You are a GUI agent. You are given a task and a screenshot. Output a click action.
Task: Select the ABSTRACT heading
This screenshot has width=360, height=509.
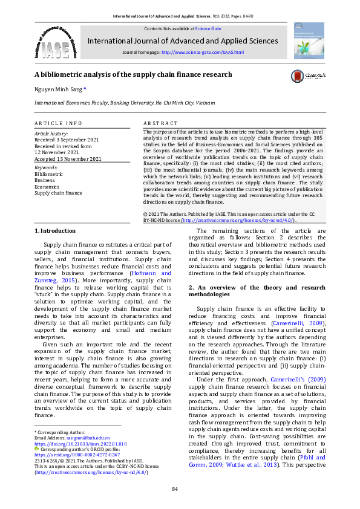coord(160,123)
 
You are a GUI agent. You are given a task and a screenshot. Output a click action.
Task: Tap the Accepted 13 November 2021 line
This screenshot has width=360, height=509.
coord(68,158)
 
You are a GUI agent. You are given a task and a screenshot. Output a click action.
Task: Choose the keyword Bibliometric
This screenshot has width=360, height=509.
coord(48,173)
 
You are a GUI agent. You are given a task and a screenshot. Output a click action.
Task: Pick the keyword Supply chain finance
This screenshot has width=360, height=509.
coord(58,193)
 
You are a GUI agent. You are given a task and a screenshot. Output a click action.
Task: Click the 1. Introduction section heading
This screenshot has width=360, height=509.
coord(55,230)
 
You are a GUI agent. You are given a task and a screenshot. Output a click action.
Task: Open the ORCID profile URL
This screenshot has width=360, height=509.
coord(68,454)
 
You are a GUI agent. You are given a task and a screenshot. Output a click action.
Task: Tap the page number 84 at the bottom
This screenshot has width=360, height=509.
coord(175,488)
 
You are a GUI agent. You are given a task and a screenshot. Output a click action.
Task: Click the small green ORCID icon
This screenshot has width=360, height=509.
coord(36,449)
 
